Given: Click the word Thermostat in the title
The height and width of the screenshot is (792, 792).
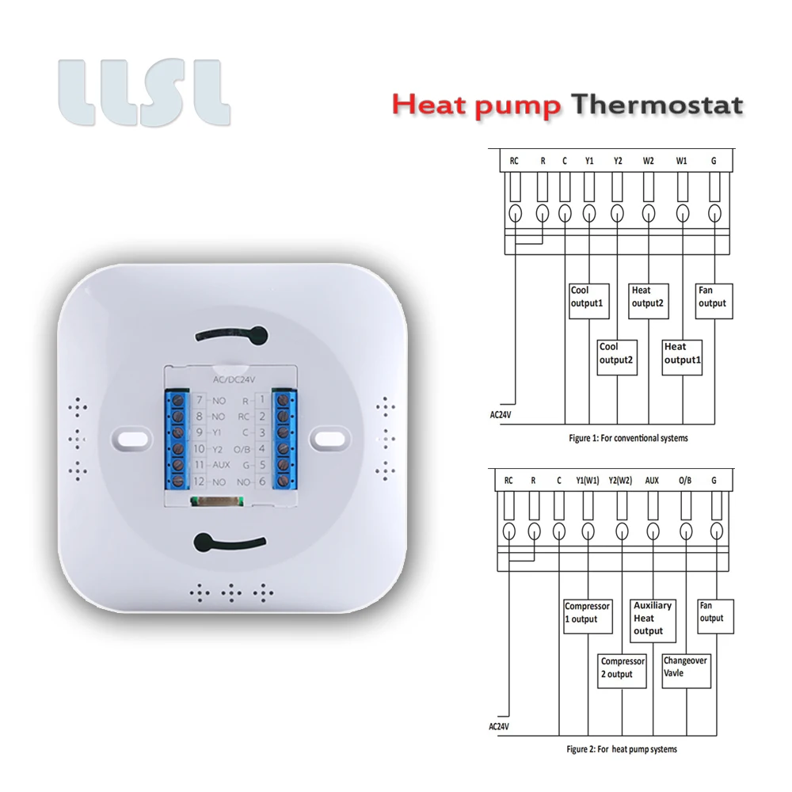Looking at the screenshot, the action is coord(657,105).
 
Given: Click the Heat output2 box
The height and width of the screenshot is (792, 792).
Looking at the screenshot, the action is coord(650,301).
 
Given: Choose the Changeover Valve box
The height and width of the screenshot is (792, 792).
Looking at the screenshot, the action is coord(686,670).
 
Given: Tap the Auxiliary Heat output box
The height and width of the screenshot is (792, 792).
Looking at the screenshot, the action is coord(653,618).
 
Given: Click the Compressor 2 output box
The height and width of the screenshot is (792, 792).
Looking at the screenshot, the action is coord(622,670).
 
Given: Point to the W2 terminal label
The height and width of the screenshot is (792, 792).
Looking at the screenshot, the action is coord(649,161).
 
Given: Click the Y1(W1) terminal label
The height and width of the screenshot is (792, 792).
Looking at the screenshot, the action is coord(588,480).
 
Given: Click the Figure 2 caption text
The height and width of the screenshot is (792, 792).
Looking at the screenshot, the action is coord(622,748).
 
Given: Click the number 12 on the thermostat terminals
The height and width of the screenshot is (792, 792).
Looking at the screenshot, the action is coord(199,481).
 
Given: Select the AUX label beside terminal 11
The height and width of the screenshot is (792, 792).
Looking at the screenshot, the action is coord(220,465).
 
